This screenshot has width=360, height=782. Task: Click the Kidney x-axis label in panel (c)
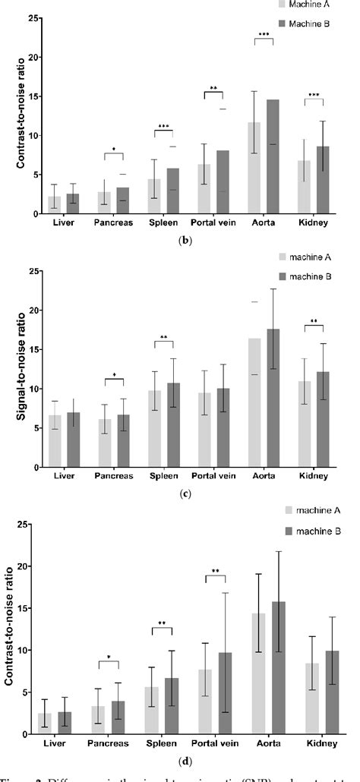point(314,477)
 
